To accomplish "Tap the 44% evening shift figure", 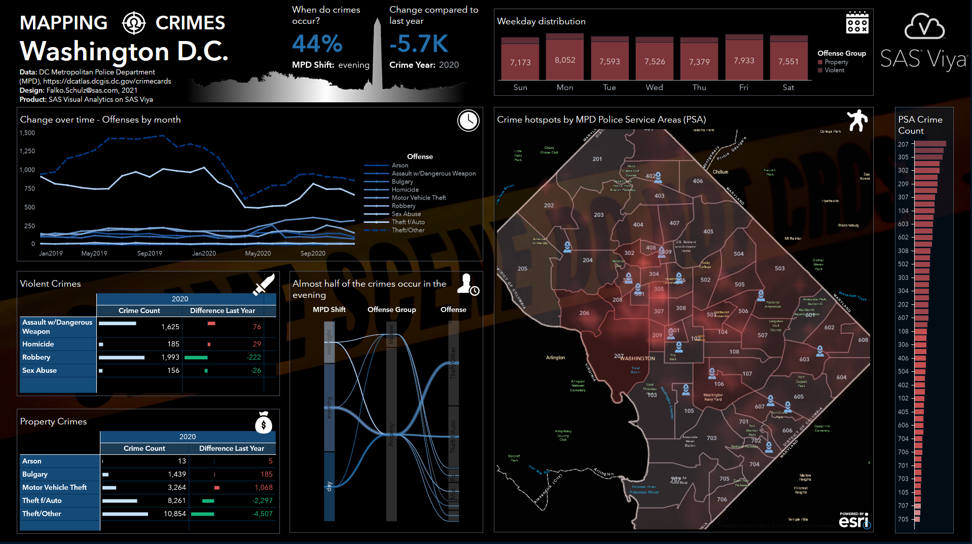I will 317,44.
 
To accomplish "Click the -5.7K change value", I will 419,44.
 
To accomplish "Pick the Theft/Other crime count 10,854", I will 174,514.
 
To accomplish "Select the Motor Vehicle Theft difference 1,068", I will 263,487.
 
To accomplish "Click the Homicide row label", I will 38,344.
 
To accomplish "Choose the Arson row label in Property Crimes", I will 32,461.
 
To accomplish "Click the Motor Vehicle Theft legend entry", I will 418,198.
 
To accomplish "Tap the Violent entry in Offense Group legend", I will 834,70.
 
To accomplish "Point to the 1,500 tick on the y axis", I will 27,133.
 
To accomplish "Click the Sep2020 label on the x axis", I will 313,253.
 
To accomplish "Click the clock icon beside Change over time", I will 468,121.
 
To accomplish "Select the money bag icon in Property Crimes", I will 264,423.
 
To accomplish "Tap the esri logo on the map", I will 854,521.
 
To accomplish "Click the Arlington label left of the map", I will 555,358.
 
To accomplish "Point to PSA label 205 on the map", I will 522,268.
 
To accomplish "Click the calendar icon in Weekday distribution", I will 857,23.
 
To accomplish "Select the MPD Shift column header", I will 329,309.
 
